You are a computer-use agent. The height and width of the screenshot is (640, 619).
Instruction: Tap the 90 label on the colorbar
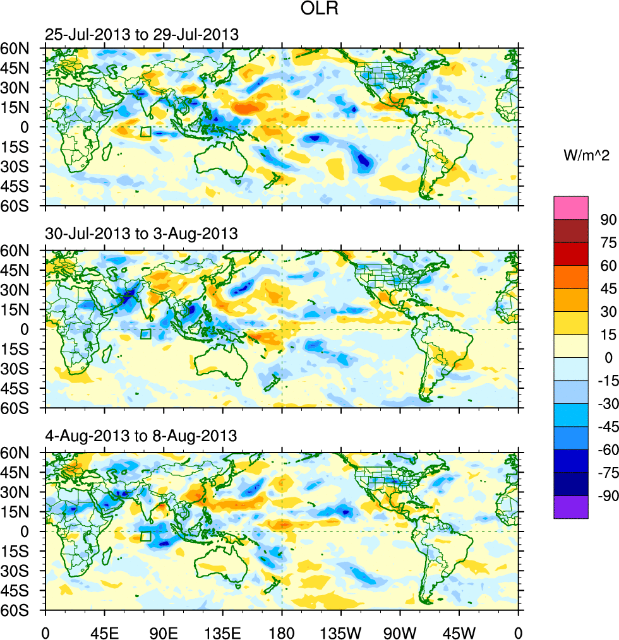tap(608, 219)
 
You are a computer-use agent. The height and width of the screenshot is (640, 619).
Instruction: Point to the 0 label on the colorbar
tap(608, 357)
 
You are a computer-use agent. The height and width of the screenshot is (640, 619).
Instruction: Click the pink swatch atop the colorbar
tap(570, 207)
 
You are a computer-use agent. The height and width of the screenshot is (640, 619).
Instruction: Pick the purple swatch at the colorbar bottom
tap(570, 507)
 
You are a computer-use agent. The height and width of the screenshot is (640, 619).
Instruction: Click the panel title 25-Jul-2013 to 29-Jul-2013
tap(142, 34)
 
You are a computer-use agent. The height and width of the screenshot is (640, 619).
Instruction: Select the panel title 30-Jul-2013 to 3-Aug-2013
tap(141, 234)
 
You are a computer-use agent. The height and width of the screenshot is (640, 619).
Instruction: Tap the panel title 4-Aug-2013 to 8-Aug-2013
tap(141, 436)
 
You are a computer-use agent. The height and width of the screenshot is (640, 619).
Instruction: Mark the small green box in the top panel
tap(145, 132)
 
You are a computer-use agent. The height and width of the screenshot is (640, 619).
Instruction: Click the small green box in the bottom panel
tap(145, 536)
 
